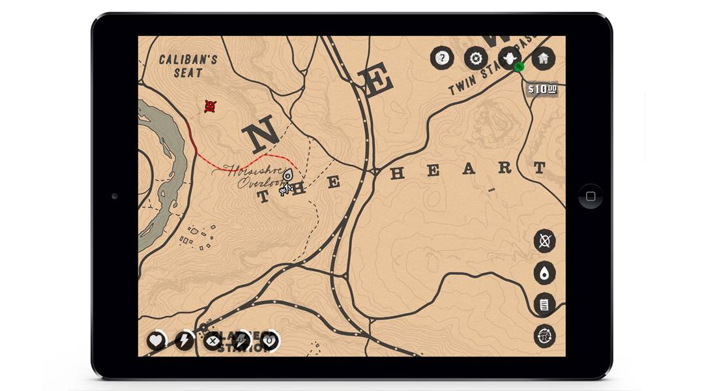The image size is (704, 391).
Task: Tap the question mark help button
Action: pyautogui.click(x=442, y=58)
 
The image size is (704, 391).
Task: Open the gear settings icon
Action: pyautogui.click(x=476, y=58)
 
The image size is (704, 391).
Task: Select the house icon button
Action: pyautogui.click(x=543, y=58)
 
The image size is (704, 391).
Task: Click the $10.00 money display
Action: pyautogui.click(x=542, y=89)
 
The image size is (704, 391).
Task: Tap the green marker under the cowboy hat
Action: pyautogui.click(x=520, y=66)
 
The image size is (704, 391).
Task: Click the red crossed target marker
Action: pyautogui.click(x=210, y=106)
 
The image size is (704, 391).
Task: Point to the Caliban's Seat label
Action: pyautogui.click(x=188, y=66)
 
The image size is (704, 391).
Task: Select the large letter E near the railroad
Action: pyautogui.click(x=376, y=81)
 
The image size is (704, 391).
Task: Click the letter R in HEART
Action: pyautogui.click(x=505, y=168)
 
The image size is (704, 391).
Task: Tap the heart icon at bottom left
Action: pyautogui.click(x=156, y=340)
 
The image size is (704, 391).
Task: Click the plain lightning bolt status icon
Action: pyautogui.click(x=184, y=340)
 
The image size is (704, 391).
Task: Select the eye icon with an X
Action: pyautogui.click(x=213, y=340)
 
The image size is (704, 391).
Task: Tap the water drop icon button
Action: pyautogui.click(x=544, y=273)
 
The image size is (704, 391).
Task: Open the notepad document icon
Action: pyautogui.click(x=544, y=304)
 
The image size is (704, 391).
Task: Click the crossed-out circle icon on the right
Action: pyautogui.click(x=544, y=241)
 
